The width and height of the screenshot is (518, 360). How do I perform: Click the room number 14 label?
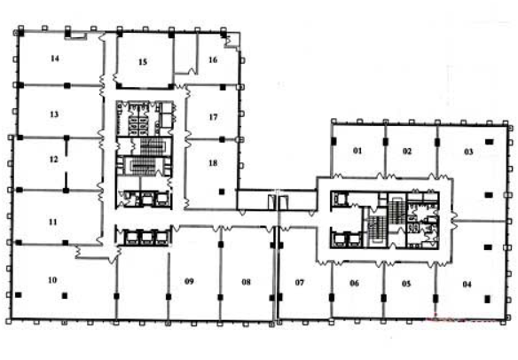pyautogui.click(x=55, y=59)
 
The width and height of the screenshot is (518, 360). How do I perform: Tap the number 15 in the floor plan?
pyautogui.click(x=143, y=62)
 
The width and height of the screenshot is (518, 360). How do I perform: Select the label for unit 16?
pyautogui.click(x=213, y=59)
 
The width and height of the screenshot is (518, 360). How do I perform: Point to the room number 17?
pyautogui.click(x=214, y=117)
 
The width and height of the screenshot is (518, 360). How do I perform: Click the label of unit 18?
pyautogui.click(x=213, y=163)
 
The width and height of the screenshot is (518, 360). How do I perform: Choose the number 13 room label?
pyautogui.click(x=54, y=114)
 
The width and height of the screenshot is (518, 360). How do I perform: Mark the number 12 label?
pyautogui.click(x=53, y=160)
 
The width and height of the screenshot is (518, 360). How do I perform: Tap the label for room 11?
pyautogui.click(x=53, y=222)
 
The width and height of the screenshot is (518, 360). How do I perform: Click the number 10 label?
pyautogui.click(x=52, y=280)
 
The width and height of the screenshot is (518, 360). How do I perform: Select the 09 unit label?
pyautogui.click(x=189, y=281)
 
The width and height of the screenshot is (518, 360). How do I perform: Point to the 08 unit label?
pyautogui.click(x=246, y=282)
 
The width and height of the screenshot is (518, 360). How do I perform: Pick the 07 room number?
pyautogui.click(x=300, y=282)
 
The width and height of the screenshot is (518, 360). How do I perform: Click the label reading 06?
pyautogui.click(x=355, y=283)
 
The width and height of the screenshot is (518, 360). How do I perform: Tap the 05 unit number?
pyautogui.click(x=406, y=284)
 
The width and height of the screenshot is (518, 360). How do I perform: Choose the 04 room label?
pyautogui.click(x=467, y=284)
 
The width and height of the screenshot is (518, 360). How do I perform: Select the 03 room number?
pyautogui.click(x=469, y=152)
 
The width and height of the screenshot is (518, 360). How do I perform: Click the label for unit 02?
pyautogui.click(x=407, y=151)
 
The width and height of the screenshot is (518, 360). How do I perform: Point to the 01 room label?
pyautogui.click(x=357, y=151)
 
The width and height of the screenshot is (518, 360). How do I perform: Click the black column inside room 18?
pyautogui.click(x=222, y=192)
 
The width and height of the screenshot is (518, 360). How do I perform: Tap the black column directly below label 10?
pyautogui.click(x=65, y=295)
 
